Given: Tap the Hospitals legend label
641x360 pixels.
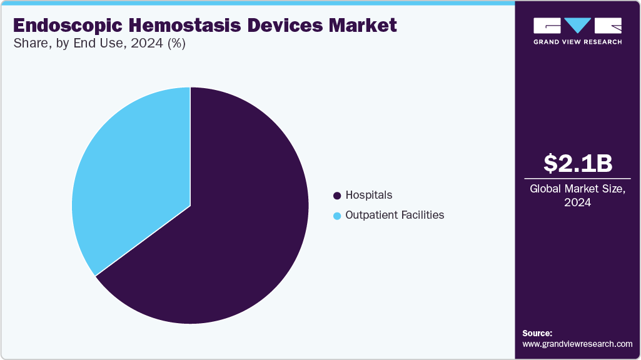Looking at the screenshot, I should click(369, 195).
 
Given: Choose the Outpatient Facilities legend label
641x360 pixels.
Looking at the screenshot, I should click(395, 215).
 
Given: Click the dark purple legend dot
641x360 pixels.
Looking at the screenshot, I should click(338, 196).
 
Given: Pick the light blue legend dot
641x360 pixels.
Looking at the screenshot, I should click(338, 216).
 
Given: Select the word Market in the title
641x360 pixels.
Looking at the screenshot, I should click(365, 26).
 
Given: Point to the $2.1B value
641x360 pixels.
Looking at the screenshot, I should click(577, 163).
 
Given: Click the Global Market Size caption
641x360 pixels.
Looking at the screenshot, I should click(577, 189).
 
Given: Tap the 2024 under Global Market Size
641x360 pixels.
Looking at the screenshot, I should click(577, 202).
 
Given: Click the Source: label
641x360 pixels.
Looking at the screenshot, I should click(537, 333).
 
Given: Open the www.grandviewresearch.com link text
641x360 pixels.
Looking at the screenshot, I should click(577, 344).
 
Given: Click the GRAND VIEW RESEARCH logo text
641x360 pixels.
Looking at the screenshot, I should click(577, 42).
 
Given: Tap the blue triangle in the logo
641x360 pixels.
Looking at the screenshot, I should click(578, 26).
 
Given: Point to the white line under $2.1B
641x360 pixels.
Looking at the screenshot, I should click(577, 179).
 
